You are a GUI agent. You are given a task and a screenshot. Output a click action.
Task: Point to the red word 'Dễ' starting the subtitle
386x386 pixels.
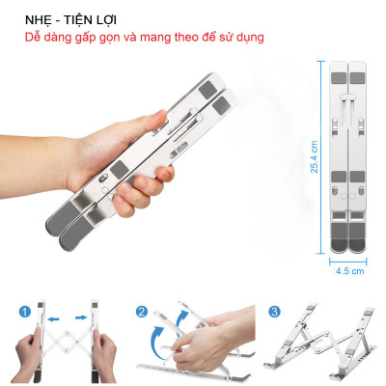pyautogui.click(x=34, y=37)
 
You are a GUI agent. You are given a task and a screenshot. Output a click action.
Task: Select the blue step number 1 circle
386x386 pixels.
pyautogui.click(x=22, y=313)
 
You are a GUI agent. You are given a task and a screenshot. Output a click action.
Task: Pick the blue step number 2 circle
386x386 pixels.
pyautogui.click(x=141, y=313)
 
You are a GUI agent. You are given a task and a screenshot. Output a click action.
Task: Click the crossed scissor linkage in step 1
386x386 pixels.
pyautogui.click(x=65, y=343)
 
